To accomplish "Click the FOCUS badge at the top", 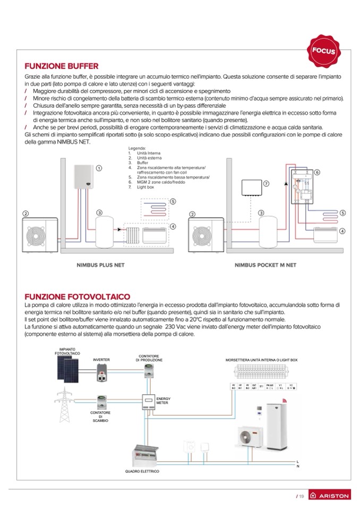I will tap(323, 51).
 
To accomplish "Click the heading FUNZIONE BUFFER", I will tap(62, 66).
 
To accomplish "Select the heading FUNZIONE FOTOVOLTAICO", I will tap(78, 296).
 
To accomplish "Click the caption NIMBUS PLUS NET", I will tap(101, 265).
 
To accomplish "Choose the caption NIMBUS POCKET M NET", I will tap(265, 265).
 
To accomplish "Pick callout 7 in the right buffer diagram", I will tap(266, 183).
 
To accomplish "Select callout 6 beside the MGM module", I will tap(317, 172).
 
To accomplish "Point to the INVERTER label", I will tap(101, 359).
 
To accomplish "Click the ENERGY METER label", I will tap(163, 401).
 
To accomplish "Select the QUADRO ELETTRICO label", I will tap(142, 471).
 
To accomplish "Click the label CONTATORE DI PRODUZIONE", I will tap(149, 358).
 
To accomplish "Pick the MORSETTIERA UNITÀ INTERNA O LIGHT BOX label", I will tap(262, 360).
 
